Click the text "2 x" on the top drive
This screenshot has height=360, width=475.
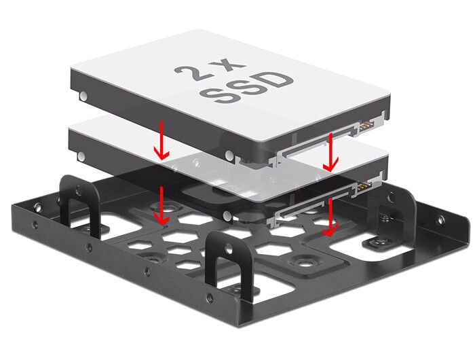click(210, 70)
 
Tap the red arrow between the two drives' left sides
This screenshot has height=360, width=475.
click(161, 141)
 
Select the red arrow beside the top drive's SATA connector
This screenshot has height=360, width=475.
click(330, 152)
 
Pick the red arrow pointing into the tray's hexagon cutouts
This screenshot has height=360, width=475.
click(161, 206)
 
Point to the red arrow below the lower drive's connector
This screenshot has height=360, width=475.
click(330, 217)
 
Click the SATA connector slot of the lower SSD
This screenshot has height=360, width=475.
click(315, 203)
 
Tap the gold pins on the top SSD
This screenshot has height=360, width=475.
click(365, 127)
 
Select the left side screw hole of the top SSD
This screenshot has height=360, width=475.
click(83, 96)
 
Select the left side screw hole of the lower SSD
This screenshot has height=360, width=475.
click(81, 156)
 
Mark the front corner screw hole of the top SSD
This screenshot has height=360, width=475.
click(229, 156)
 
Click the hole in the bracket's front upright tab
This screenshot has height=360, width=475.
click(229, 249)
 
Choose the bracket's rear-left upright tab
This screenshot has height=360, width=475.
click(79, 202)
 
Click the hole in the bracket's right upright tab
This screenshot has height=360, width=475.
click(392, 196)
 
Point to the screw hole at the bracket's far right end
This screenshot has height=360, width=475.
click(440, 220)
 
